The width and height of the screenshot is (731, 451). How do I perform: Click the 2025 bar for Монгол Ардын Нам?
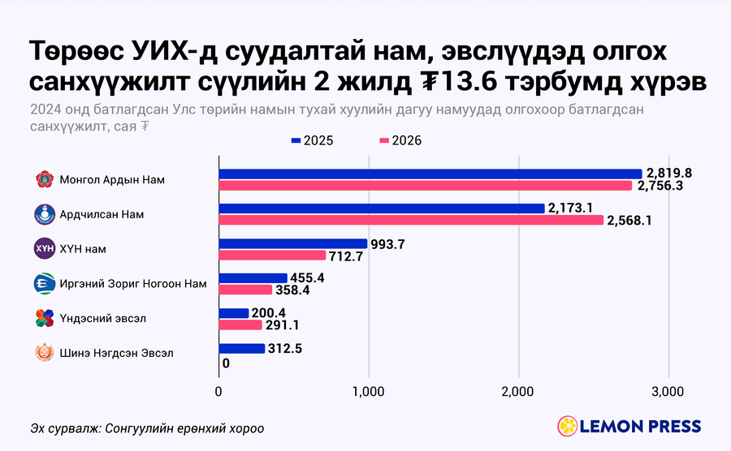click(x=430, y=174)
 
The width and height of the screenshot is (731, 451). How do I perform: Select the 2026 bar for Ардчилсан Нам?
click(x=411, y=220)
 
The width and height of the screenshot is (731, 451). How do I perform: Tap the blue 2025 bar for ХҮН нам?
click(x=293, y=243)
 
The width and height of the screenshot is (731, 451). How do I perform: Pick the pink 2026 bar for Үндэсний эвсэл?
click(x=240, y=325)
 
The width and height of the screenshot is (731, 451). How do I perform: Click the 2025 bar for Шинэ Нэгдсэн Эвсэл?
click(x=242, y=349)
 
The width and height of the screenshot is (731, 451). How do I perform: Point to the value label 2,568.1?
click(x=629, y=220)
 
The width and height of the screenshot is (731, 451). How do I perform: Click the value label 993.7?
click(x=387, y=244)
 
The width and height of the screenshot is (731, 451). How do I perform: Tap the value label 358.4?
click(x=292, y=290)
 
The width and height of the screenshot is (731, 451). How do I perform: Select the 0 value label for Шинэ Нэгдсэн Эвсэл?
click(x=226, y=363)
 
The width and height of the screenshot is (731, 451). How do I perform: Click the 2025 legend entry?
click(x=313, y=140)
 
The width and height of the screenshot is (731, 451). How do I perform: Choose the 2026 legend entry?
click(x=400, y=140)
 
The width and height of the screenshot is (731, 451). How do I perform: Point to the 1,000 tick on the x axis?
click(x=368, y=392)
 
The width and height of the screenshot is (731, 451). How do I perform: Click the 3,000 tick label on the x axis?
click(x=668, y=392)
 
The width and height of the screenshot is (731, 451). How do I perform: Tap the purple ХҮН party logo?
click(x=45, y=248)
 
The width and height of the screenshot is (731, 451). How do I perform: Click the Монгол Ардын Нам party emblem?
click(x=45, y=179)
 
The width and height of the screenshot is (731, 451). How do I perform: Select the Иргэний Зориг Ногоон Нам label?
click(x=133, y=283)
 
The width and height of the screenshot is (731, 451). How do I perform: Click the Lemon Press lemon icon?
click(x=568, y=426)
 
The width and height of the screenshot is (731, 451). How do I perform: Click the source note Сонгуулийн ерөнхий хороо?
click(x=184, y=428)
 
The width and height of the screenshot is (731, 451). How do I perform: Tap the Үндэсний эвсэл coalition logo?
click(x=45, y=318)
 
